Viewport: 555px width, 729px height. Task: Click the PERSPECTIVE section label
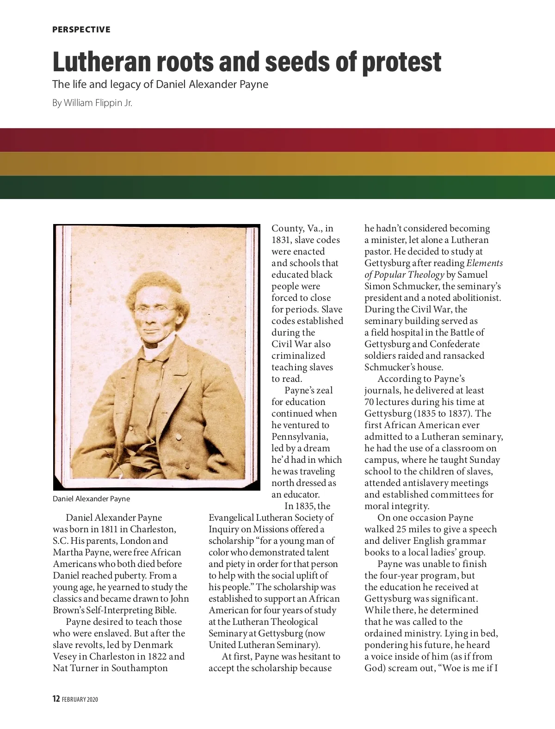(x=81, y=30)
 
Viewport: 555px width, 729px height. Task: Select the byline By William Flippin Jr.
(x=92, y=103)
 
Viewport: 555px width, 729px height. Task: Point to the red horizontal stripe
(x=277, y=140)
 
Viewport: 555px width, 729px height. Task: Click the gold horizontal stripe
(x=277, y=164)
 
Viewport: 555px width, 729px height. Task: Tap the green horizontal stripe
(x=277, y=187)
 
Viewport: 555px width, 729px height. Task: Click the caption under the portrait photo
(x=91, y=498)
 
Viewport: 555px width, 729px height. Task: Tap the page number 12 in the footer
(x=56, y=699)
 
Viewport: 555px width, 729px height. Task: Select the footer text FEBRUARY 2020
(x=80, y=699)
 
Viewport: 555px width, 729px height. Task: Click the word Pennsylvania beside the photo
(x=300, y=436)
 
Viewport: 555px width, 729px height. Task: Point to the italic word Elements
(x=484, y=263)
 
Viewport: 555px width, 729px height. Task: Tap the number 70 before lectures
(x=369, y=402)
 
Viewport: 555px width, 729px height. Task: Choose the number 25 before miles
(x=402, y=529)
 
